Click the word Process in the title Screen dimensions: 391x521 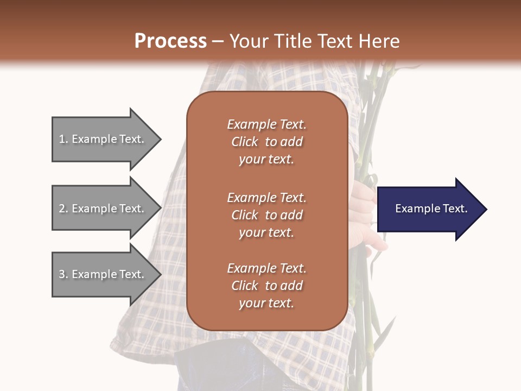click(x=170, y=41)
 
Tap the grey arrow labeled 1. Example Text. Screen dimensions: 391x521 click(x=103, y=139)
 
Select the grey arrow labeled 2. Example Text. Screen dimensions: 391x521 click(x=103, y=209)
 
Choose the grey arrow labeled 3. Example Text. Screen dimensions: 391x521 click(x=103, y=274)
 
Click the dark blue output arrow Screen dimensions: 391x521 click(x=429, y=209)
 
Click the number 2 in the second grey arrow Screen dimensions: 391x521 click(x=62, y=209)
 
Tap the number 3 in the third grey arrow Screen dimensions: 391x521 click(x=62, y=274)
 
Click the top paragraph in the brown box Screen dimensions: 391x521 click(x=266, y=142)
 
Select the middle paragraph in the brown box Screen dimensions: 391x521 click(x=266, y=215)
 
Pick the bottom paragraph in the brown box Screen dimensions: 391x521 click(x=266, y=286)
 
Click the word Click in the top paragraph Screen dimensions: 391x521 click(x=244, y=142)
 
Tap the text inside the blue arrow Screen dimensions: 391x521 click(x=431, y=209)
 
